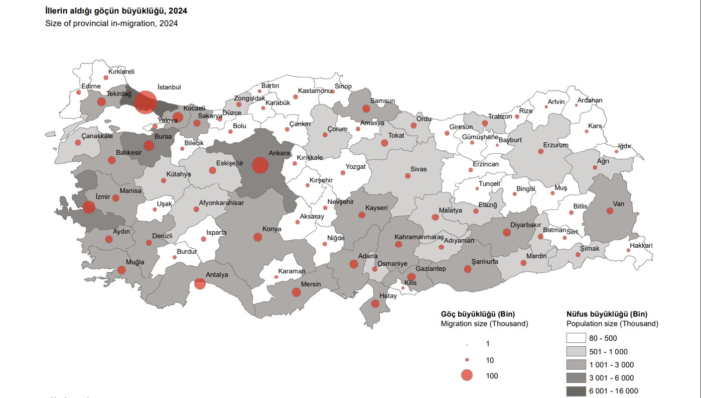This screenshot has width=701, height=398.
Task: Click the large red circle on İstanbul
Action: coord(146,103)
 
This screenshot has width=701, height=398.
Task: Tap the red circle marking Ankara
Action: coord(260,165)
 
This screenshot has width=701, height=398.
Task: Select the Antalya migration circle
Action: coord(200,284)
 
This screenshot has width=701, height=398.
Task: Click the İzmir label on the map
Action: coord(102,196)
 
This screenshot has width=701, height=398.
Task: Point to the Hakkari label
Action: coord(641,246)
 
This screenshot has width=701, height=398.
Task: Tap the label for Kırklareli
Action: coord(121,72)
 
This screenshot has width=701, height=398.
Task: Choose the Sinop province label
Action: coord(343,86)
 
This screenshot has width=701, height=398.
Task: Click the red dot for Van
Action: coord(610,211)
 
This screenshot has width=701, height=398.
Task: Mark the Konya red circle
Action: coord(258,237)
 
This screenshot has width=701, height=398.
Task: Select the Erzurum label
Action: coord(555,145)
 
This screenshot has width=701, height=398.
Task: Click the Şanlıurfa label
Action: coord(485,262)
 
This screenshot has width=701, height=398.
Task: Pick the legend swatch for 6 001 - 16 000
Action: coord(576,391)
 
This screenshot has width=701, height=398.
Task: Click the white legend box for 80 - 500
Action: coord(576,338)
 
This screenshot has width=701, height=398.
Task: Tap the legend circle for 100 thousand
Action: coord(467,375)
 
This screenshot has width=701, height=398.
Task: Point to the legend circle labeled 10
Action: coord(467,360)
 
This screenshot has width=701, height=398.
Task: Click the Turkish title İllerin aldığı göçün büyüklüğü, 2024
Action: coord(116,11)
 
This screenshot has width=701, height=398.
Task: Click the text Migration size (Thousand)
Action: coord(484,324)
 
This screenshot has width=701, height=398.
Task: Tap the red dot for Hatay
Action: coord(375,304)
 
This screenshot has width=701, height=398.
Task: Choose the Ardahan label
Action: coord(590,100)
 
